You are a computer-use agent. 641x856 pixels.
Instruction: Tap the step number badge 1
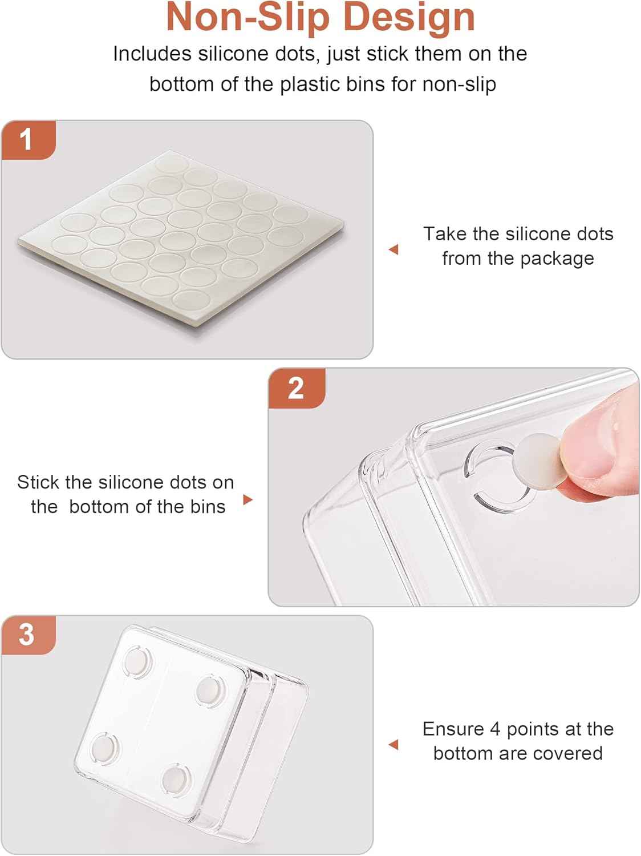click(x=29, y=140)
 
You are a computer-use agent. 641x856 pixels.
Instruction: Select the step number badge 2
click(x=297, y=389)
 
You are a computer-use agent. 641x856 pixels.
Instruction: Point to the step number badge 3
click(x=29, y=635)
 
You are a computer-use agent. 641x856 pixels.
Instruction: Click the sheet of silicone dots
click(x=181, y=238)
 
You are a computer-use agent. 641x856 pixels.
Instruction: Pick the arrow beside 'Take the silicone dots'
click(x=393, y=249)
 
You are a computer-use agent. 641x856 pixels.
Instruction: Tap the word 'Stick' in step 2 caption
click(x=39, y=482)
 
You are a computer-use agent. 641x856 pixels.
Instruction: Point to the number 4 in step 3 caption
click(x=495, y=729)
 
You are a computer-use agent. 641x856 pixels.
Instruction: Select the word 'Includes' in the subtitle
click(x=152, y=54)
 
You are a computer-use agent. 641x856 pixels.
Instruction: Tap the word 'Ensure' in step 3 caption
click(x=453, y=729)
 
